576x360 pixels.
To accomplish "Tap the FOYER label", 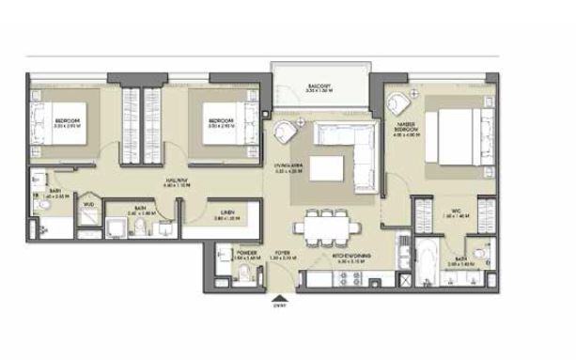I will coord(281,253).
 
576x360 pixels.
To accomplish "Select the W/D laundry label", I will coord(86,203).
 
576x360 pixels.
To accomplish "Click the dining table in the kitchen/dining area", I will coord(324,227).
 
